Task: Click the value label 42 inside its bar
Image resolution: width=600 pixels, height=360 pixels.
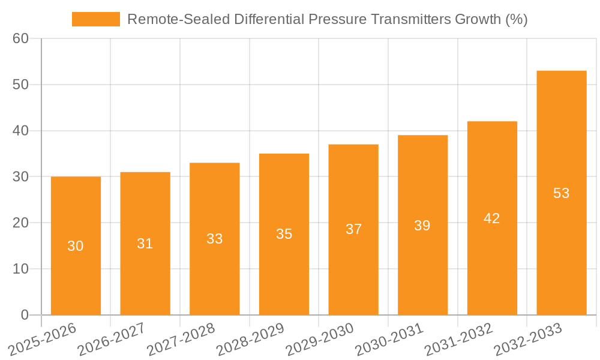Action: click(x=492, y=218)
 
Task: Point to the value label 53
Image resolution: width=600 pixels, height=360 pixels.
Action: click(x=562, y=193)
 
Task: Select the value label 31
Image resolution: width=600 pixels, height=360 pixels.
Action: click(x=145, y=244)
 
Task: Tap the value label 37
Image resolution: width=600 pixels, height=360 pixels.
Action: click(x=353, y=229)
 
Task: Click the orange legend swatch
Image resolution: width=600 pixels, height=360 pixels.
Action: click(x=95, y=19)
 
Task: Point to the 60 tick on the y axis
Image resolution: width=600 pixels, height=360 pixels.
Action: click(x=20, y=38)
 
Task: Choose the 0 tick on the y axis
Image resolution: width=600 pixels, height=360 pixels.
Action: click(x=25, y=315)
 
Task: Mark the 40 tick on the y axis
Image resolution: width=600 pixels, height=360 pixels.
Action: click(x=20, y=131)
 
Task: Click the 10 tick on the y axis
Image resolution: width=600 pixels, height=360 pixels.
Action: click(x=20, y=269)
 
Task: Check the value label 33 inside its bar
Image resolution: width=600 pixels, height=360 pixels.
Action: click(x=215, y=239)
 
